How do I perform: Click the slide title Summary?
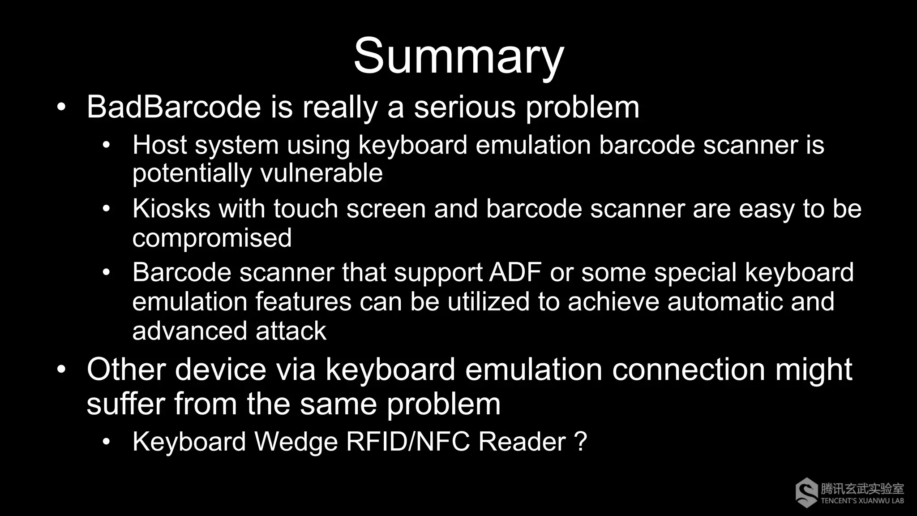click(458, 57)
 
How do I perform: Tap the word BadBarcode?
click(174, 107)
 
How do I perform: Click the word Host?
click(159, 145)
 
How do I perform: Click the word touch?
click(305, 209)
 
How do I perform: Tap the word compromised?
click(212, 238)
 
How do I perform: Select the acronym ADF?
click(515, 272)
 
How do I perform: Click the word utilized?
click(488, 301)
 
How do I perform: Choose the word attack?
click(291, 331)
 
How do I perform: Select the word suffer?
click(125, 404)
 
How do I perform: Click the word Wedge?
click(296, 442)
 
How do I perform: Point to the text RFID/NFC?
click(408, 442)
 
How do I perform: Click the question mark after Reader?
click(580, 442)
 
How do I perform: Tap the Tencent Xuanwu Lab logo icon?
click(806, 492)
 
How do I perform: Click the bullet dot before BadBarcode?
click(61, 107)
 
